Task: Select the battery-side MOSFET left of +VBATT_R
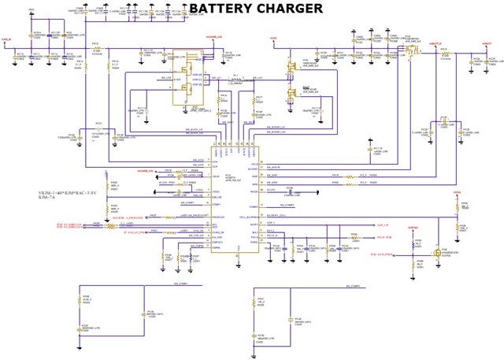pos(409,50)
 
